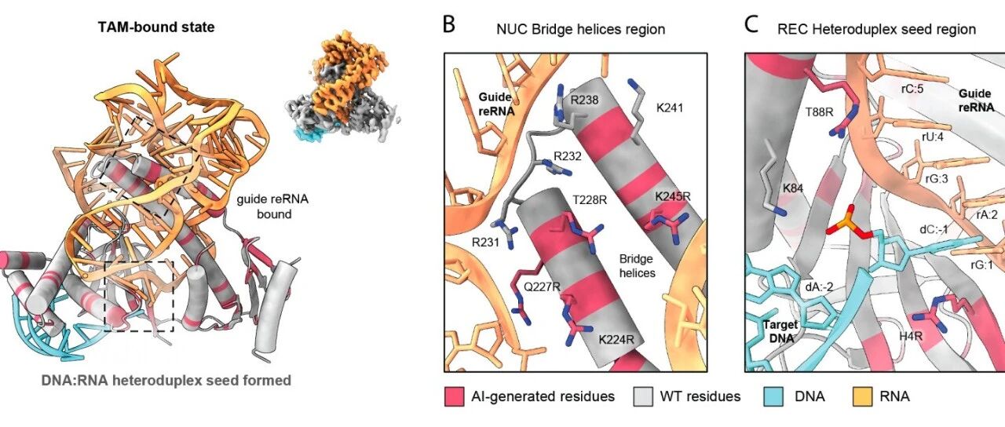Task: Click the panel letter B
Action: click(x=449, y=24)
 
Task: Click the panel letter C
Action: click(x=751, y=24)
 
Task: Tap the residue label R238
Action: click(x=584, y=100)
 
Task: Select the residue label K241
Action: click(x=670, y=108)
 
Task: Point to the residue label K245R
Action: click(x=673, y=196)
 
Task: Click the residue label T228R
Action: click(x=590, y=199)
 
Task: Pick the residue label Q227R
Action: click(x=542, y=286)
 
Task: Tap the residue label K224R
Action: click(x=616, y=340)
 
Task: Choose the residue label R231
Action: click(x=485, y=243)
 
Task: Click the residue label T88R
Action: click(x=819, y=112)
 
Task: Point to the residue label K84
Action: click(x=793, y=188)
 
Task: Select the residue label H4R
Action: click(x=910, y=336)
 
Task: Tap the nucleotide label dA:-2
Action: click(x=819, y=286)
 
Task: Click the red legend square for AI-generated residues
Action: click(x=454, y=397)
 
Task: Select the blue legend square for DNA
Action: click(x=773, y=397)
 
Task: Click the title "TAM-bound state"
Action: click(x=156, y=27)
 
